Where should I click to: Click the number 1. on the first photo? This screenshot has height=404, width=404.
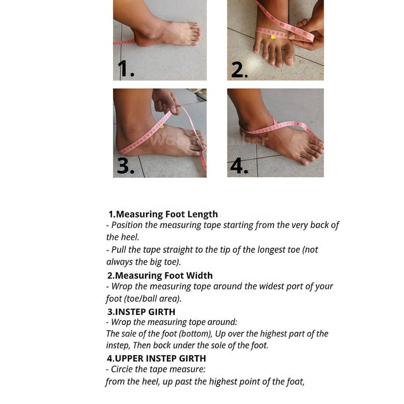(x=126, y=69)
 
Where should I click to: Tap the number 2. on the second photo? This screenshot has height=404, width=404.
(x=240, y=70)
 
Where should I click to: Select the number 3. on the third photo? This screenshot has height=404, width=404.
(x=126, y=165)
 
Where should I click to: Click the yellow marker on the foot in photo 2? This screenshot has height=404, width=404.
(x=273, y=37)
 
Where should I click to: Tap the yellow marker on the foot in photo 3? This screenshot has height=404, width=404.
(x=162, y=127)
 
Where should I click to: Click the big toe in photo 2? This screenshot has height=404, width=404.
(x=288, y=55)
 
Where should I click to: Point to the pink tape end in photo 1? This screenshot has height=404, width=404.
(x=124, y=42)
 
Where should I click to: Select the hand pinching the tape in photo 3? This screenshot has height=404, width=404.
(x=166, y=100)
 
